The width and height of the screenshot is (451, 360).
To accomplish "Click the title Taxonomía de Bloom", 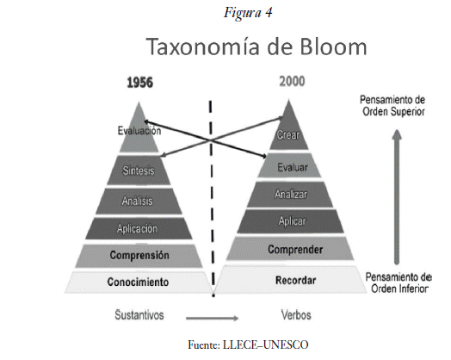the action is click(256, 47).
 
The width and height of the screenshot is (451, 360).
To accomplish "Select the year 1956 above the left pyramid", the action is click(139, 83).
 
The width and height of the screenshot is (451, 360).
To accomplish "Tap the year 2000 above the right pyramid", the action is click(292, 82).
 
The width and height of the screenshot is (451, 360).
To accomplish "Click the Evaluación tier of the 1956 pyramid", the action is click(139, 133).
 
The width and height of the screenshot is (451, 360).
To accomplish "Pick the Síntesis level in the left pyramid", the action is click(139, 171).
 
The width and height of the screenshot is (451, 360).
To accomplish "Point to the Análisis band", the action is click(139, 201).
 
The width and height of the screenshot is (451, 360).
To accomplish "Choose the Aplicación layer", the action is click(139, 228).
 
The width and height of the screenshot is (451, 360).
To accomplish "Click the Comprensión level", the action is click(139, 256).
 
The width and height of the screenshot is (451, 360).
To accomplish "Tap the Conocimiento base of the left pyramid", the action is click(138, 282).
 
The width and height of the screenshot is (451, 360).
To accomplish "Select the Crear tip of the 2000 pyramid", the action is click(288, 129).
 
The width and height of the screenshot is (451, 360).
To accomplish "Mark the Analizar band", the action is click(290, 195).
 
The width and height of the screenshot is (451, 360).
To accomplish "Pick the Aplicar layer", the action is click(290, 221).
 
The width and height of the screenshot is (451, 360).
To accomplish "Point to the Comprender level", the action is click(290, 249).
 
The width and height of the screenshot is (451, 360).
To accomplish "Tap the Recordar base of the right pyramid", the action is click(291, 280).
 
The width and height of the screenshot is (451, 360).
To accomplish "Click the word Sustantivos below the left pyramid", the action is click(139, 315).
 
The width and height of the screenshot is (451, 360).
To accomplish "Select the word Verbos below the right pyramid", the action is click(296, 315).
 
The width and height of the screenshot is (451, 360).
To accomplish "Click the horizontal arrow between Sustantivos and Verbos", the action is click(213, 318).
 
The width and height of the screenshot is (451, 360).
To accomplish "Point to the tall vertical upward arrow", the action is click(397, 197).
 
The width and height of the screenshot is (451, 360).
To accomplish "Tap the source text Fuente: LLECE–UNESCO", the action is click(248, 344).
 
